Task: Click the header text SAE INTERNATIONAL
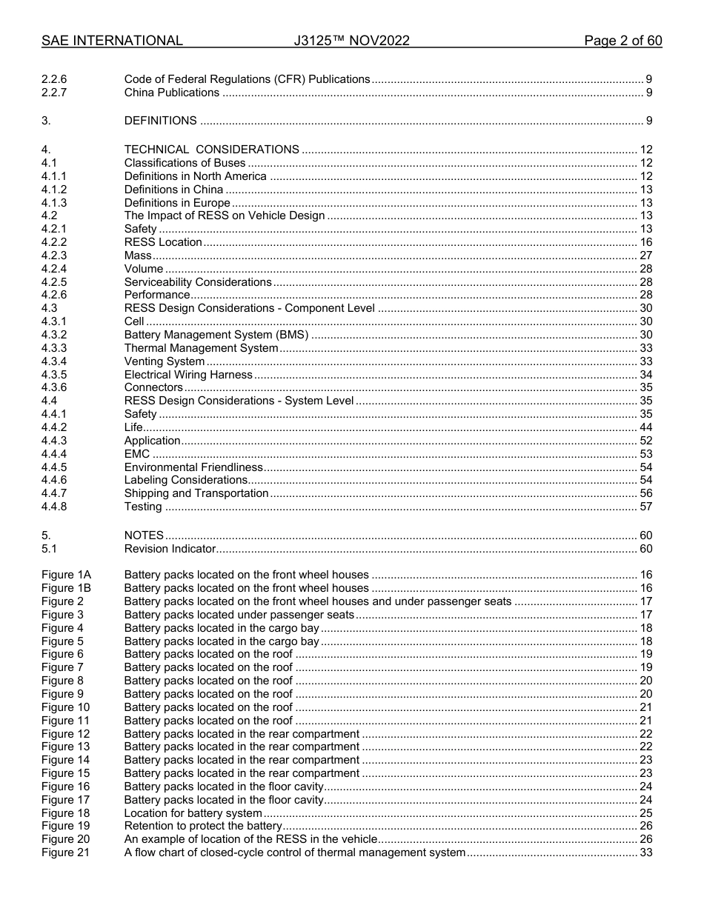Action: click(x=112, y=41)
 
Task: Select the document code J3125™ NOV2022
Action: click(x=351, y=41)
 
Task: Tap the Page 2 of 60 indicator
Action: click(x=622, y=41)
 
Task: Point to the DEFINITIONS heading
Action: click(x=160, y=121)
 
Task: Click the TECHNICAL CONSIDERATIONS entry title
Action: click(x=211, y=150)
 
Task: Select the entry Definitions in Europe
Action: click(x=177, y=203)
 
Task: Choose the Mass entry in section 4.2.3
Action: click(x=138, y=256)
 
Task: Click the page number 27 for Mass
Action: click(x=645, y=256)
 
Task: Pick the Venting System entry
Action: click(x=165, y=361)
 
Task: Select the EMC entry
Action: click(x=136, y=454)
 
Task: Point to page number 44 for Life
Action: click(x=645, y=427)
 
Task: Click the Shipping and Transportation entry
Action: click(x=196, y=493)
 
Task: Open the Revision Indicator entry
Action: click(x=170, y=549)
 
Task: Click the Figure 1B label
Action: click(x=66, y=588)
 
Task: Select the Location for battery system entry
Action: click(x=193, y=813)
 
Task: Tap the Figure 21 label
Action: click(x=65, y=852)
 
